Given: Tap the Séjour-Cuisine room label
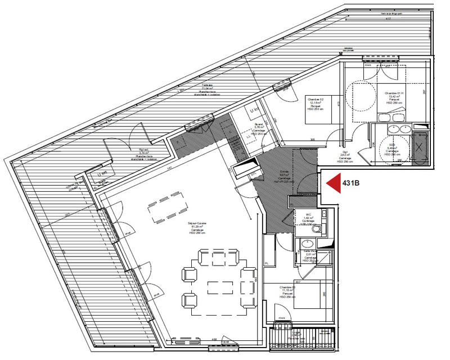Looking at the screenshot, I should pos(197,227).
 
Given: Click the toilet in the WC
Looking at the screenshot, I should pos(318,229).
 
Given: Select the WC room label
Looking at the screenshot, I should pos(308,217).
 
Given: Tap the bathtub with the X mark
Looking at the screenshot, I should pos(421,147).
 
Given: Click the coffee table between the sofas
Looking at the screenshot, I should pos(216,287).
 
